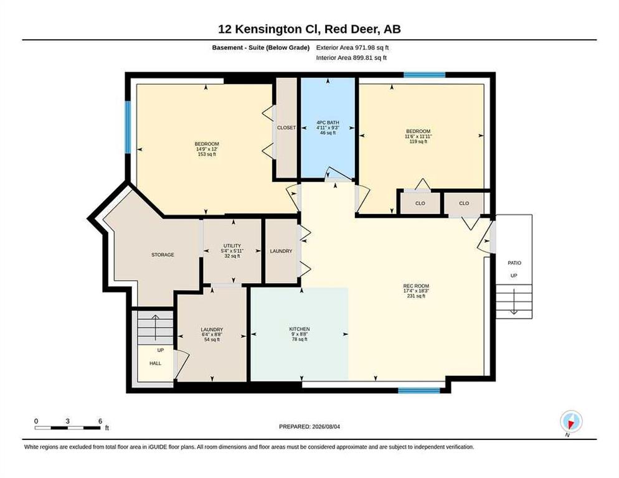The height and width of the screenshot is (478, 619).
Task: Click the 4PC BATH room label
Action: tap(328, 123)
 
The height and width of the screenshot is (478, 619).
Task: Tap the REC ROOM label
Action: tap(416, 286)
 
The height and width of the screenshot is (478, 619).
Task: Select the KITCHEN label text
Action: tap(300, 329)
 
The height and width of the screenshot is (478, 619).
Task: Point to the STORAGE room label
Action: tap(163, 255)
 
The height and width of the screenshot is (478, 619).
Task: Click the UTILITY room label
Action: tap(232, 245)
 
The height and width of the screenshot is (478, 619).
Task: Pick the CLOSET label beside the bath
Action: tap(286, 128)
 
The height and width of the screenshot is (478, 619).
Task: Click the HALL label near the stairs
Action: tap(155, 363)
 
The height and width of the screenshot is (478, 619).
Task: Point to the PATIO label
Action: tap(514, 263)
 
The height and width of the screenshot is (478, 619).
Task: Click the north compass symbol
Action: tap(571, 421)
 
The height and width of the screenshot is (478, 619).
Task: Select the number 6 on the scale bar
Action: tap(100, 421)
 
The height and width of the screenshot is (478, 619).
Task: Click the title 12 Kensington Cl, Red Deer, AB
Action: tap(309, 29)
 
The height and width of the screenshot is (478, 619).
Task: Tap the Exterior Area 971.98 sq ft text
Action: tap(352, 47)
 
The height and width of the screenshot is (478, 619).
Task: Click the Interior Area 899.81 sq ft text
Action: tap(351, 58)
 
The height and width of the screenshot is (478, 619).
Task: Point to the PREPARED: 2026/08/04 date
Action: tap(309, 426)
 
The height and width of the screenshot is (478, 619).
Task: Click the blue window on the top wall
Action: tap(424, 75)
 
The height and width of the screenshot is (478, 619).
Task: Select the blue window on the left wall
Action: tap(128, 127)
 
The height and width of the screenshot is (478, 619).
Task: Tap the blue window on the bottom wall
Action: tap(419, 391)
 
